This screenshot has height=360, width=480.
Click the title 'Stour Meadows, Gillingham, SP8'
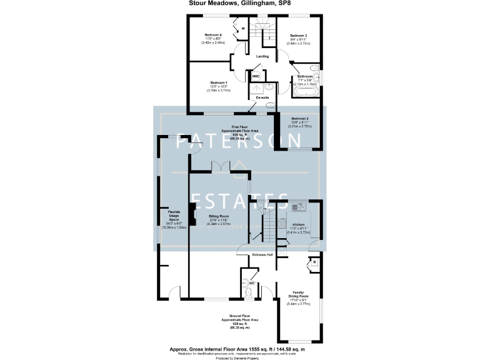pyautogui.click(x=240, y=3)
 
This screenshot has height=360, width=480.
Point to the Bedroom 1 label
pyautogui.click(x=219, y=83)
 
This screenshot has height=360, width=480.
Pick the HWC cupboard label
pyautogui.click(x=256, y=77)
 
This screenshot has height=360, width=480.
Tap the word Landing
pyautogui.click(x=262, y=56)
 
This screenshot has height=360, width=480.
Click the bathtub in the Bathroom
pyautogui.click(x=305, y=92)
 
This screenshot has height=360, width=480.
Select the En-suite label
pyautogui.click(x=261, y=98)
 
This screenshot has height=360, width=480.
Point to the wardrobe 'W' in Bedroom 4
pyautogui.click(x=242, y=29)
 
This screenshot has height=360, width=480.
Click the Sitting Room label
pyautogui.click(x=219, y=216)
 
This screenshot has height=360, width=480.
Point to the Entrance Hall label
pyautogui.click(x=262, y=255)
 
